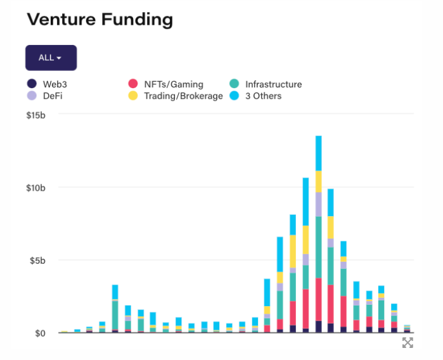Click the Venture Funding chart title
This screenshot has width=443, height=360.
[100, 20]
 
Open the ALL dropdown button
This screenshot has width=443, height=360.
[51, 58]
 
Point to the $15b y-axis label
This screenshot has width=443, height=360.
[36, 115]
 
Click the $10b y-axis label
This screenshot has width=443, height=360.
[36, 188]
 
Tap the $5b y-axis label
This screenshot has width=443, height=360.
[38, 260]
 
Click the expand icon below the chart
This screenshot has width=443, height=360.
[408, 343]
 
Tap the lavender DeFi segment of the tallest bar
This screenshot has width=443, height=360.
[318, 204]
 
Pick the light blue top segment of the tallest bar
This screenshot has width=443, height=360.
[318, 153]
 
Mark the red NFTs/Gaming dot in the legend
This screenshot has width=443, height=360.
[132, 84]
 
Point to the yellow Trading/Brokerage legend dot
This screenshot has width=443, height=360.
[132, 96]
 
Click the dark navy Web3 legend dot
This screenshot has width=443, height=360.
[32, 84]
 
